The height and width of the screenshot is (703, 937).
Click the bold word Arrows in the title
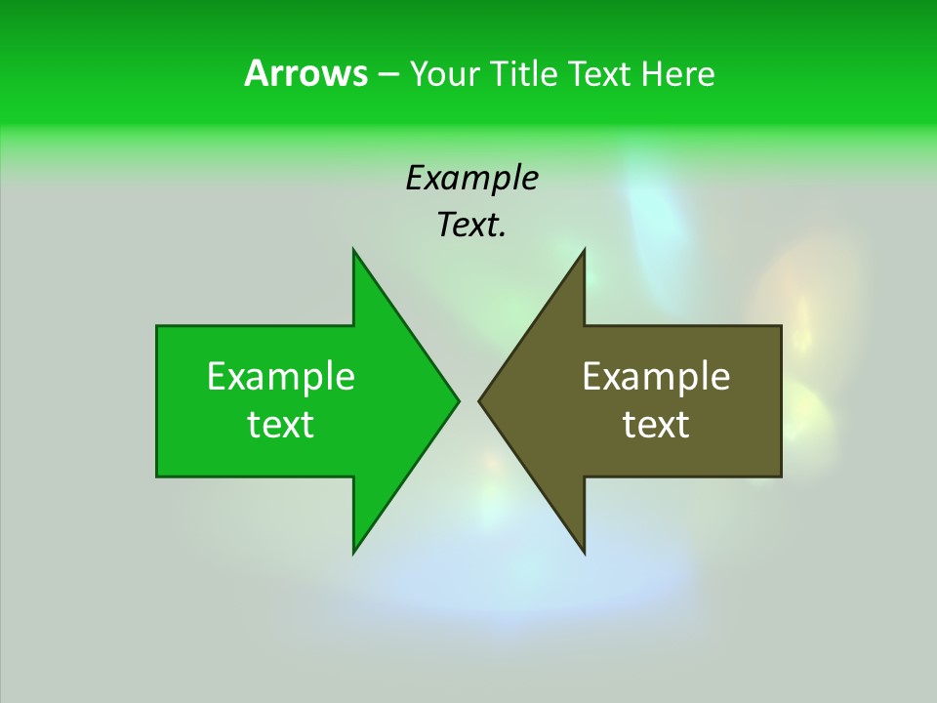306,74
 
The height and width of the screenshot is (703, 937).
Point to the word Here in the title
678,74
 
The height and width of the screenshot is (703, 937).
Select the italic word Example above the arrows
471,178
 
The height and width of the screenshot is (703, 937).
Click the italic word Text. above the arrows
471,225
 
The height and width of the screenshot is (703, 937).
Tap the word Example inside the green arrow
281,377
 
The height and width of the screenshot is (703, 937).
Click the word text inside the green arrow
281,425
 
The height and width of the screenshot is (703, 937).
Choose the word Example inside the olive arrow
656,377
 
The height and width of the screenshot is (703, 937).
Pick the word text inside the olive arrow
656,425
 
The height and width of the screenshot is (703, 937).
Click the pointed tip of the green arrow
457,400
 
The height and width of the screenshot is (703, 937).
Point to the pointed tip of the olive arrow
480,400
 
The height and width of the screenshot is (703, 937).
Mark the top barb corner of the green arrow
353,251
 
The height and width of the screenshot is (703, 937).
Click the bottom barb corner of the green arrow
353,552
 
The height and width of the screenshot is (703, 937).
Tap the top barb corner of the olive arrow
584,251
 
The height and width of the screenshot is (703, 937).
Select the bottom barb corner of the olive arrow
584,552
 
